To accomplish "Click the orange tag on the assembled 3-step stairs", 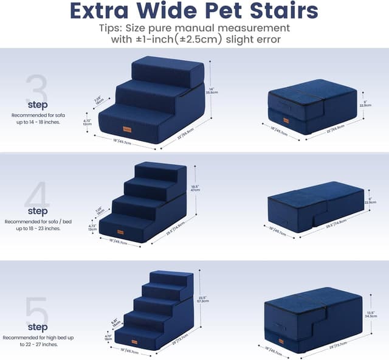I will [127, 128].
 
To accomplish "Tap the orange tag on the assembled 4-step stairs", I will [122, 232].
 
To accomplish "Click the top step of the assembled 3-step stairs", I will [168, 71].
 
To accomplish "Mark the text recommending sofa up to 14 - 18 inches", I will [36, 117].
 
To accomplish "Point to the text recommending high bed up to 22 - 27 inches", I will [35, 341].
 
